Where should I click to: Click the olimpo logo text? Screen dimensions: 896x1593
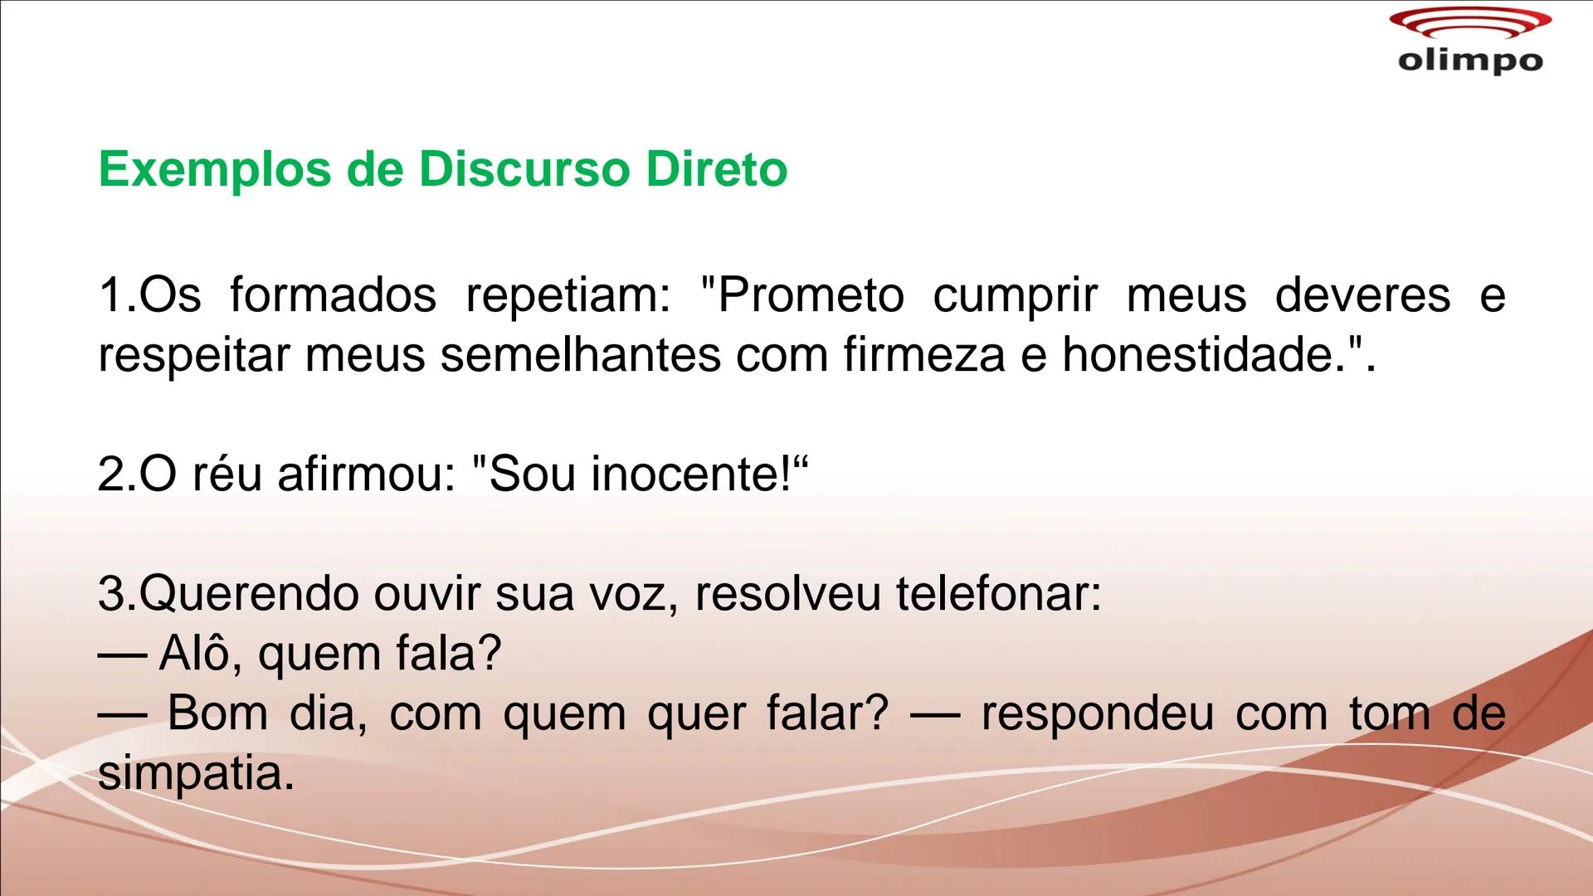tap(1470, 61)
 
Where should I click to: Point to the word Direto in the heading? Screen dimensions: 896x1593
tap(716, 169)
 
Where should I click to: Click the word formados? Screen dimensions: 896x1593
tap(333, 295)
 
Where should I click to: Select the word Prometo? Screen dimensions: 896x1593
tap(809, 295)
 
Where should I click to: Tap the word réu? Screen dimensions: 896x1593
tap(227, 475)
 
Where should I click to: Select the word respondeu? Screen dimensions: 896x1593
tap(1097, 714)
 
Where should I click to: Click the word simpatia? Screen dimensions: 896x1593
tap(196, 774)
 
